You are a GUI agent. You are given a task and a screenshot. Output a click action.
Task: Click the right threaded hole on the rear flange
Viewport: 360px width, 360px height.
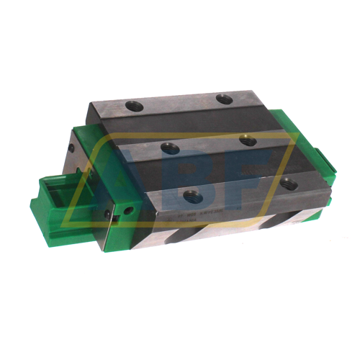[225, 99]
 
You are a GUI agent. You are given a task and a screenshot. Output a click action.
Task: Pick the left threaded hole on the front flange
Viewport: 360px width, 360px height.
[192, 194]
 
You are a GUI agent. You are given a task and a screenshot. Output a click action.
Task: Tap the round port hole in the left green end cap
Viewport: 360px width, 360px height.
[129, 212]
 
